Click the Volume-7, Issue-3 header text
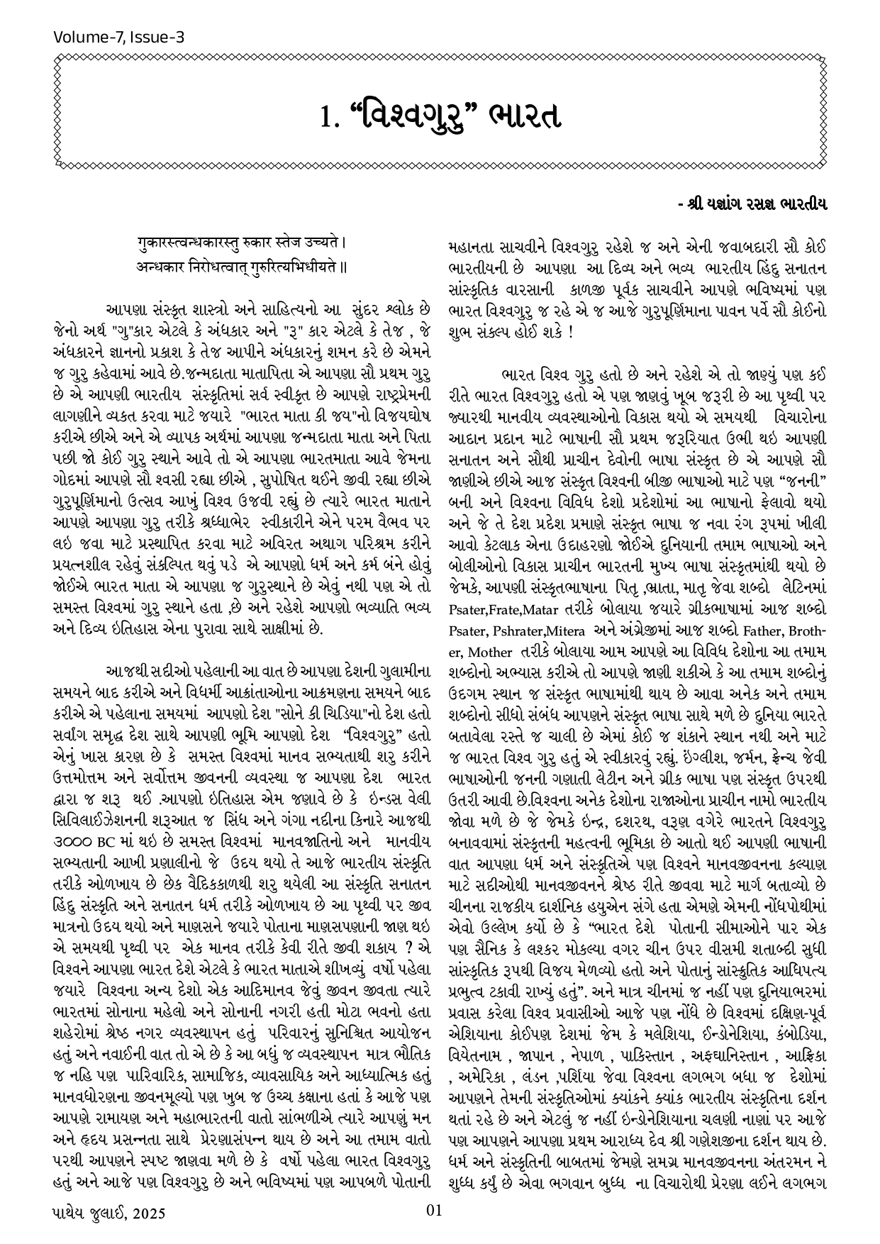coord(118,37)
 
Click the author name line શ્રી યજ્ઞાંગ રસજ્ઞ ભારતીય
coord(754,204)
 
